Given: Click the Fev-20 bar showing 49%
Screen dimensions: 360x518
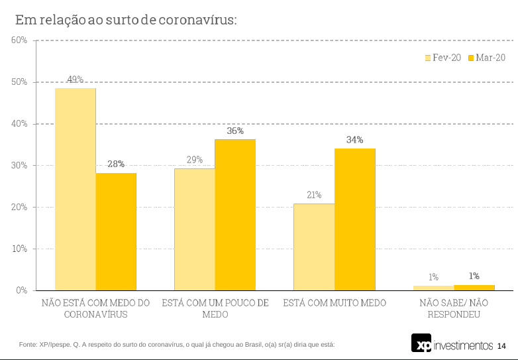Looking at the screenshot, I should pyautogui.click(x=76, y=189).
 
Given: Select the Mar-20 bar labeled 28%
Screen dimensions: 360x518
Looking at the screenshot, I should pyautogui.click(x=116, y=231).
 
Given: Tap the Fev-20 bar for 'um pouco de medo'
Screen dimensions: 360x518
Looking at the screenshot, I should pyautogui.click(x=195, y=229).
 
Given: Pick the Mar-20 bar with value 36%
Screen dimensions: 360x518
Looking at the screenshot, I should pyautogui.click(x=235, y=215).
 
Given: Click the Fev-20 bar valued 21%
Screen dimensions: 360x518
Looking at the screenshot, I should pyautogui.click(x=315, y=247).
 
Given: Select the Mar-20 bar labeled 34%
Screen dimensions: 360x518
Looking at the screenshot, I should pyautogui.click(x=355, y=219).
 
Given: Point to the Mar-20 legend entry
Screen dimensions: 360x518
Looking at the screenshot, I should pyautogui.click(x=486, y=58).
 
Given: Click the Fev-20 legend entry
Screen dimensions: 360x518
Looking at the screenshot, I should pyautogui.click(x=442, y=58).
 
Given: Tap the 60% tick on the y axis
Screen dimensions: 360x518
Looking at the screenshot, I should pyautogui.click(x=19, y=40).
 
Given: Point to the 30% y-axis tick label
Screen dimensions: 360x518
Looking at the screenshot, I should pyautogui.click(x=19, y=165).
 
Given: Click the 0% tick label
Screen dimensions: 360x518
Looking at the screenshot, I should pyautogui.click(x=21, y=290).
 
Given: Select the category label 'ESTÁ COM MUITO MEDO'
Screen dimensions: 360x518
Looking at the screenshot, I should pyautogui.click(x=335, y=303).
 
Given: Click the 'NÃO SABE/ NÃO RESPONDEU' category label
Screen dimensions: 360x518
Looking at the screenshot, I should pyautogui.click(x=454, y=308).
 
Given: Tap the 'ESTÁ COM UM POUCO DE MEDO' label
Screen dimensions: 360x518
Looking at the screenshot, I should pyautogui.click(x=215, y=308).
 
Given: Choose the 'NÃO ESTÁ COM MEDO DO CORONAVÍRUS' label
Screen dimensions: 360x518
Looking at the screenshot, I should pyautogui.click(x=96, y=308).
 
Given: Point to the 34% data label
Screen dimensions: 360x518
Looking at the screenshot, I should pyautogui.click(x=354, y=140).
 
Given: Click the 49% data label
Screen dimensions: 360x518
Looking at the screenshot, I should pyautogui.click(x=75, y=80).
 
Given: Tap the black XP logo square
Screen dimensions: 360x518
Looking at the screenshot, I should pyautogui.click(x=421, y=343).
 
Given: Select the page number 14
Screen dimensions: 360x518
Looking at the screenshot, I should pyautogui.click(x=501, y=346).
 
